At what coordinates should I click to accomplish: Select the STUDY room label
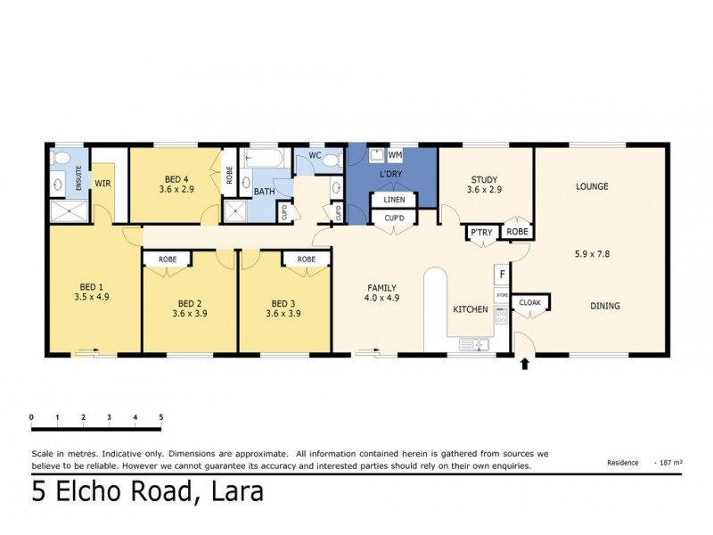point(484,178)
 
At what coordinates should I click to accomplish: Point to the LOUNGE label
point(592,186)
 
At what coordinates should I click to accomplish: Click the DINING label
point(604,306)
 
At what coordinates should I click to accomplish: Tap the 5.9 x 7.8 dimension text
point(592,253)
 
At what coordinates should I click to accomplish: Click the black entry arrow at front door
point(524,363)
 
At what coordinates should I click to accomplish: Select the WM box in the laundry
point(395,155)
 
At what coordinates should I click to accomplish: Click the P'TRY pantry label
point(480,233)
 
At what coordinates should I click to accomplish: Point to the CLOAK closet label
point(529,303)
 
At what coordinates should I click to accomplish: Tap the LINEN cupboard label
point(394,201)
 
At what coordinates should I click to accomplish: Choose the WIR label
point(102,184)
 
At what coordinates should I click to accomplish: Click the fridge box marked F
point(502,274)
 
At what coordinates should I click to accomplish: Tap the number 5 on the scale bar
point(160,416)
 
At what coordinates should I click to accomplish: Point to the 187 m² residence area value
point(669,463)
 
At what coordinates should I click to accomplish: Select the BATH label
point(264,192)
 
